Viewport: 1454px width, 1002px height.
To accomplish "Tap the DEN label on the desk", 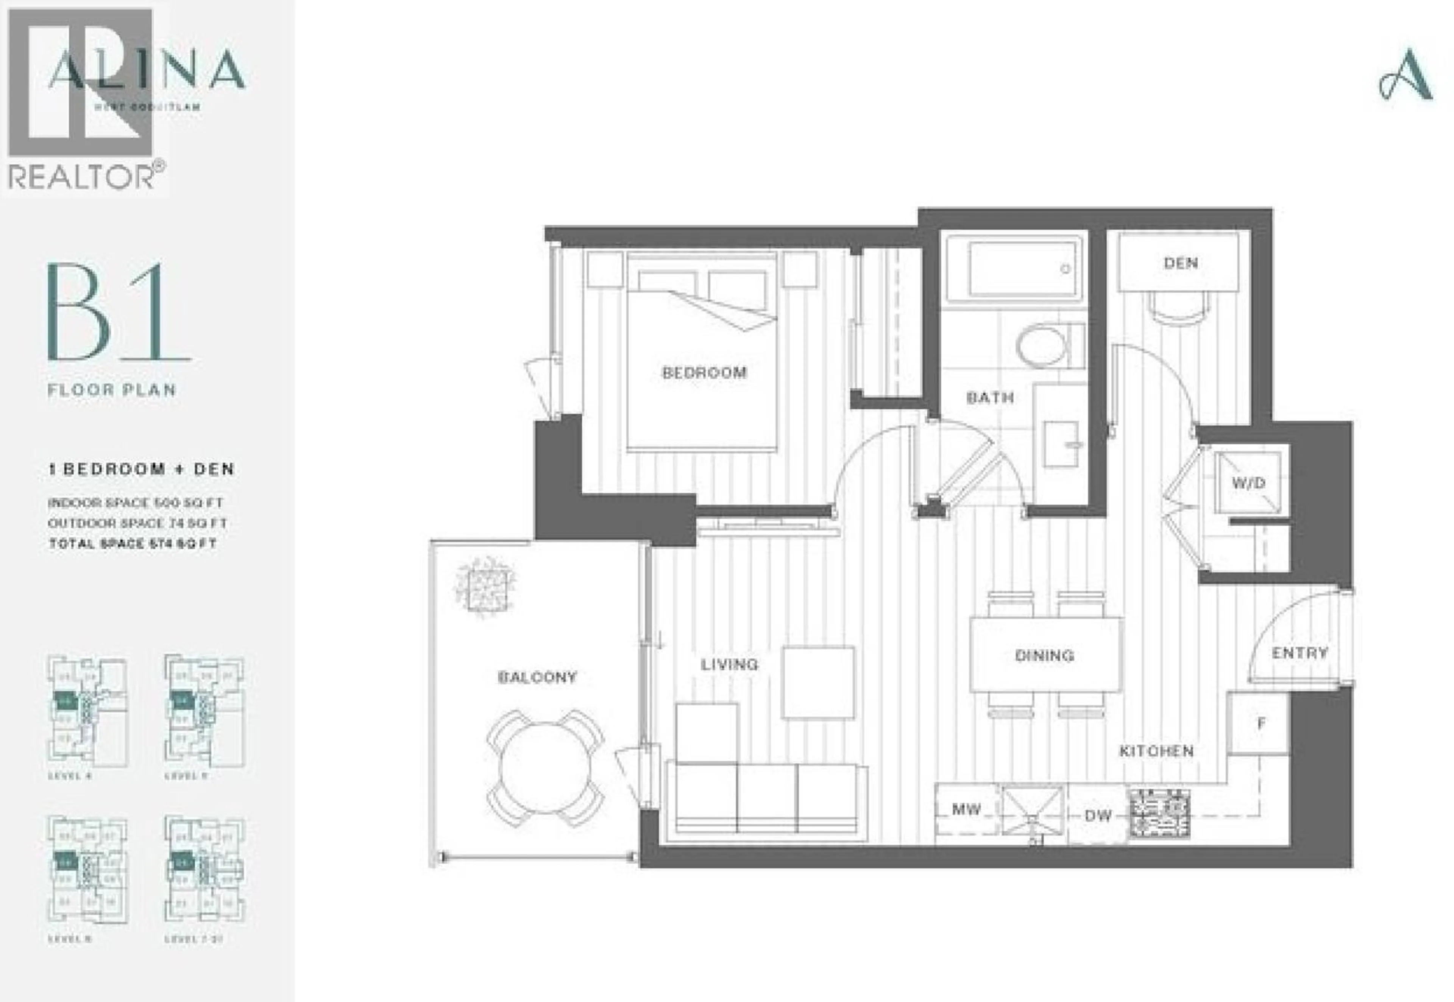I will pyautogui.click(x=1181, y=263).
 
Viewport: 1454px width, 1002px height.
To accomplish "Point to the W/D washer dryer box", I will pyautogui.click(x=1248, y=483).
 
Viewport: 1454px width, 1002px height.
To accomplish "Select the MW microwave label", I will pyautogui.click(x=966, y=809).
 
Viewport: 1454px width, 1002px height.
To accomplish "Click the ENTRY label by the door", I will pyautogui.click(x=1300, y=653).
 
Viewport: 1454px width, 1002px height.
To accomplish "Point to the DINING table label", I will pyautogui.click(x=1044, y=655).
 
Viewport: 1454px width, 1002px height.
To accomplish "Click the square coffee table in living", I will pyautogui.click(x=818, y=682).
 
